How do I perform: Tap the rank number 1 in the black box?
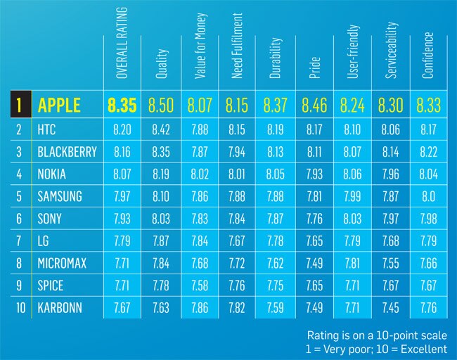19,106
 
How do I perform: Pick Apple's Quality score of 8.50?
163,106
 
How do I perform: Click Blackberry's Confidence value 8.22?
428,152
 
